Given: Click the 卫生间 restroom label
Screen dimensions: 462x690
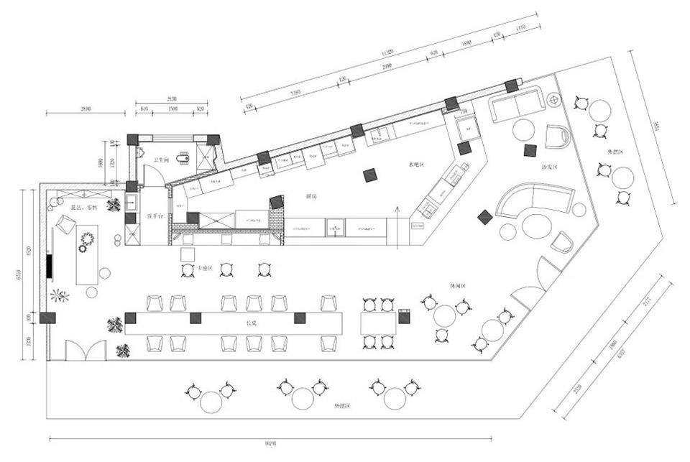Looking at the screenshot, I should click(161, 160).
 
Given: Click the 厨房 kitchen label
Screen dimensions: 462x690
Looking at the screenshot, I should click(310, 195).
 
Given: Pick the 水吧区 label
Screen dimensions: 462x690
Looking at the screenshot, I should click(417, 165).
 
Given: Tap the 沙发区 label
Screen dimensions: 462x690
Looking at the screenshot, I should click(551, 167).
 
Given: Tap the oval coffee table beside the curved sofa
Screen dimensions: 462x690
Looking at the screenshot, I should click(536, 226).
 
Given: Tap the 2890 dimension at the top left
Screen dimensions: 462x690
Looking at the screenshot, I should click(85, 108).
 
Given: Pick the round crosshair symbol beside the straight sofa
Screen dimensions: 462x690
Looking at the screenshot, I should click(554, 99).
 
